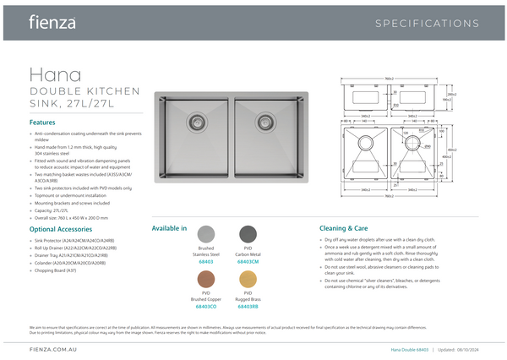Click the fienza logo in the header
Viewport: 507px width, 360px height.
52,21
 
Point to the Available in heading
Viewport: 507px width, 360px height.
169,228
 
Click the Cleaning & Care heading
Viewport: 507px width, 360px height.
343,228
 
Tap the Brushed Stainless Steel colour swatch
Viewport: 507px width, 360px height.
206,234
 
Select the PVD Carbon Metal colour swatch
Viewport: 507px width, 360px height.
248,234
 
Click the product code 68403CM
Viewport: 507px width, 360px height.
248,262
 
